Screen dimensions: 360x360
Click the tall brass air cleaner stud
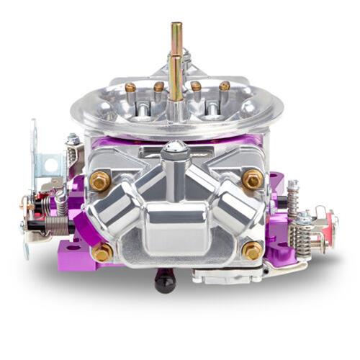[176, 61]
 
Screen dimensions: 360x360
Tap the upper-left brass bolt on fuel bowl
[100, 181]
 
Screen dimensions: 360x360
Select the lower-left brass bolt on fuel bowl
[102, 252]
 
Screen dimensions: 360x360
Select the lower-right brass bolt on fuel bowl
[253, 251]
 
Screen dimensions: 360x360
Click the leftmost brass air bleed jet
[130, 88]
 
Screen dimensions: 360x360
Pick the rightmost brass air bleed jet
[225, 86]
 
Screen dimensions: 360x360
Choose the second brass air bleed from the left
[159, 86]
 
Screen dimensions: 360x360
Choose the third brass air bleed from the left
[195, 86]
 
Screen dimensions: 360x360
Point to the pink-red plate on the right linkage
[331, 225]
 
